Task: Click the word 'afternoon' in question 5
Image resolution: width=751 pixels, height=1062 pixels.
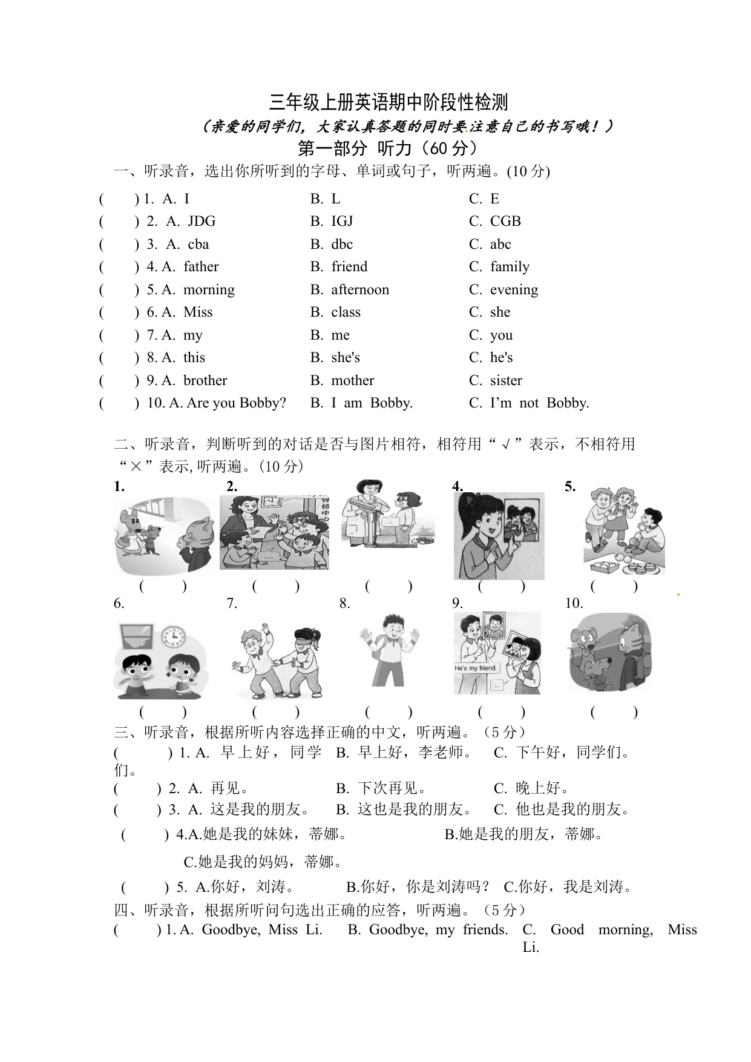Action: coord(360,290)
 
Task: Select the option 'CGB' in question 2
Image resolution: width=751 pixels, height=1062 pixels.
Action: coord(505,222)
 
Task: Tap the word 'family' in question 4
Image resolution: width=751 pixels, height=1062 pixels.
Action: coord(510,267)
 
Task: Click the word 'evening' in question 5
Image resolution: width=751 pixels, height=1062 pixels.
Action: coord(514,290)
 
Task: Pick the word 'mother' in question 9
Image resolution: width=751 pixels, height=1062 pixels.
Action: coord(353,381)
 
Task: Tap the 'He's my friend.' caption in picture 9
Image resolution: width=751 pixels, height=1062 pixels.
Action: coord(476,668)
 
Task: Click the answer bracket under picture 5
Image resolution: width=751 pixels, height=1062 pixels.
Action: coord(614,586)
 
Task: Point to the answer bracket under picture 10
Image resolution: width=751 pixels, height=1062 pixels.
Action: coord(614,712)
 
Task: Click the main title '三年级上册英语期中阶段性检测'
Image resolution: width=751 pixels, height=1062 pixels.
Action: coord(389,103)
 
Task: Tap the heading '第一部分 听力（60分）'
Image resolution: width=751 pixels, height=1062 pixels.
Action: coord(389,148)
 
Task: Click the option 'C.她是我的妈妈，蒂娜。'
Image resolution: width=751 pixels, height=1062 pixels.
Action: coord(263,862)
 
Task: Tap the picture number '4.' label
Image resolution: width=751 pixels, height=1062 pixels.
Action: coord(457,486)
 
